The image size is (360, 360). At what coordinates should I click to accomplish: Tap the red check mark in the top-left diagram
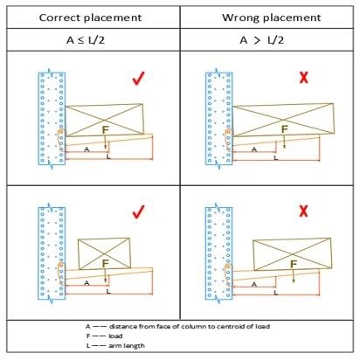point(136,80)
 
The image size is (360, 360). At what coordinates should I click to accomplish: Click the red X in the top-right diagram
point(303,79)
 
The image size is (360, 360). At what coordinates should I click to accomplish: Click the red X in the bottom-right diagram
point(303,211)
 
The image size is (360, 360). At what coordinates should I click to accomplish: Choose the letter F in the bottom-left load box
point(107,261)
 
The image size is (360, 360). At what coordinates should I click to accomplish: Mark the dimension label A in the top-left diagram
point(87,149)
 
